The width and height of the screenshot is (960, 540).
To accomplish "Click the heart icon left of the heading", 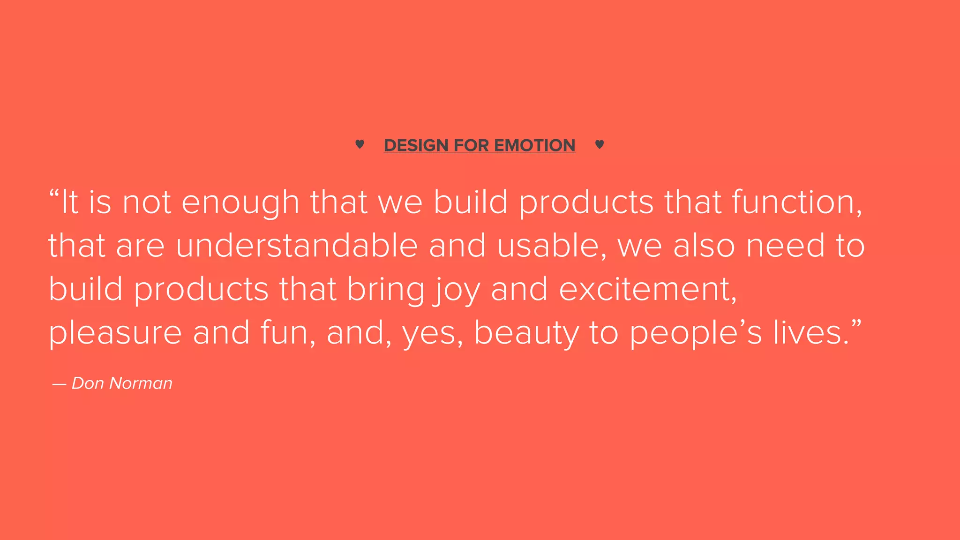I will tap(360, 144).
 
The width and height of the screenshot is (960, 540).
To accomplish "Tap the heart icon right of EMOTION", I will tap(599, 144).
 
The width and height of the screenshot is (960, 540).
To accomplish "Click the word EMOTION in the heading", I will tap(534, 145).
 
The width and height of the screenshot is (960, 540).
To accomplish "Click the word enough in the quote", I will tap(240, 203).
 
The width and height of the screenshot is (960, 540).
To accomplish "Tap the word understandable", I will tap(297, 246).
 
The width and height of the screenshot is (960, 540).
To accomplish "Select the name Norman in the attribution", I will tap(141, 383).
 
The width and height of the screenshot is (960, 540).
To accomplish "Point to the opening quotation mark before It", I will tap(54, 193).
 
